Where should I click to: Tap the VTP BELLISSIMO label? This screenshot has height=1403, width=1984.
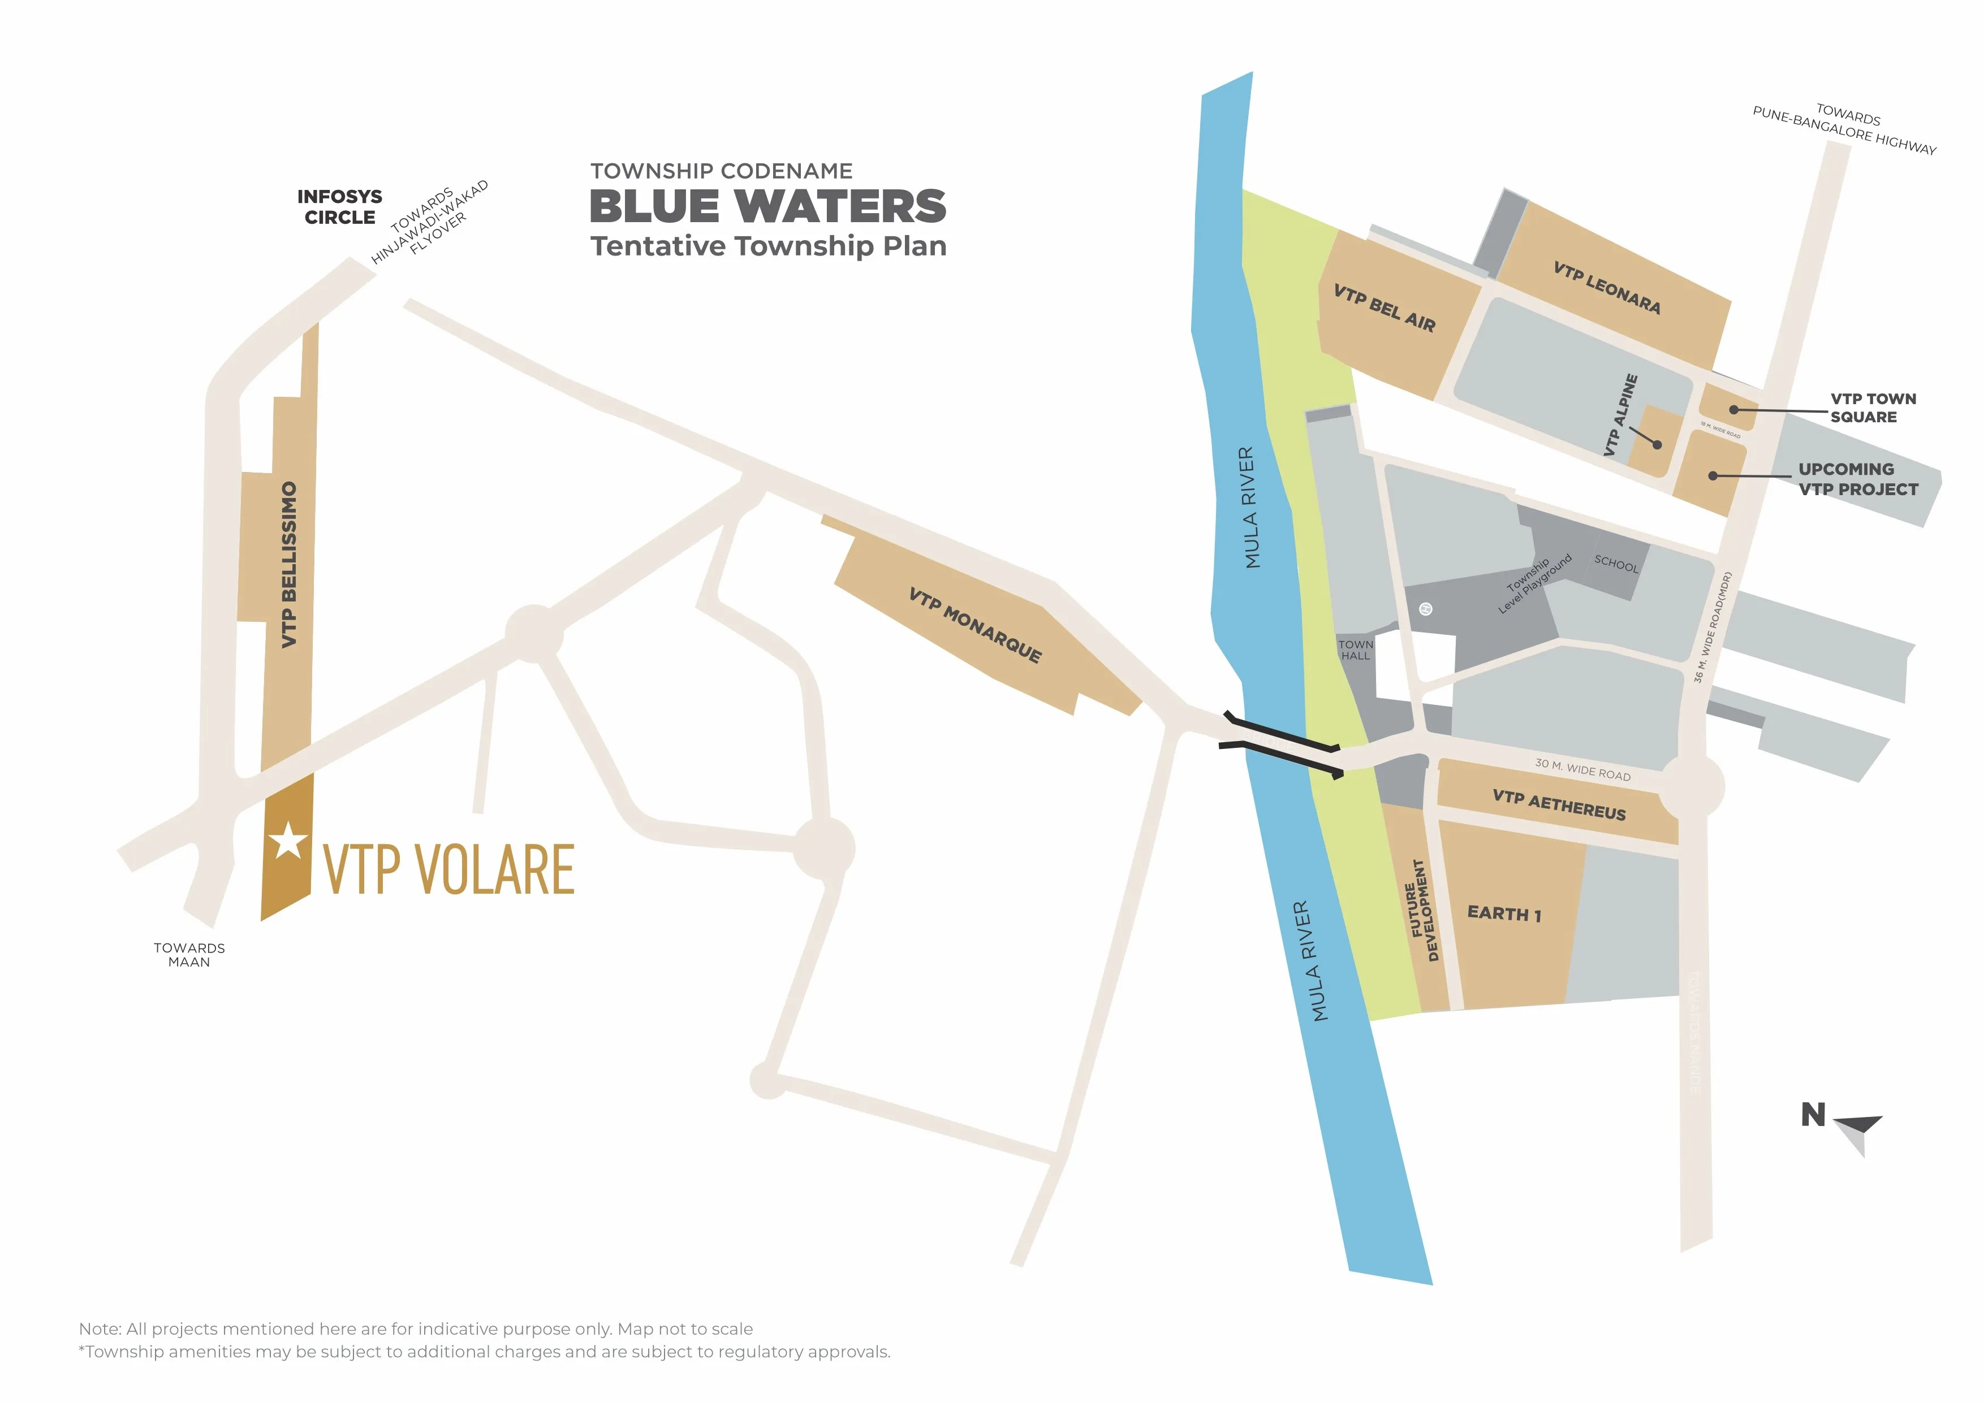(x=290, y=564)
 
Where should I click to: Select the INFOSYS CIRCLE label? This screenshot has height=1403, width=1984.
(x=339, y=207)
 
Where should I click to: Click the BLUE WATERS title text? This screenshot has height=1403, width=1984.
(x=767, y=206)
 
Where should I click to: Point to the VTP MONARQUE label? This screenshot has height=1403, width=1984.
(x=974, y=623)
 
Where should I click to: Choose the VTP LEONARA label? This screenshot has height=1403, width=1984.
(x=1606, y=287)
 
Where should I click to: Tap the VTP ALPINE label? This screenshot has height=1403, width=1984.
(x=1620, y=415)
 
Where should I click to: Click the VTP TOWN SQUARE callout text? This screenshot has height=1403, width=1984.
(x=1873, y=408)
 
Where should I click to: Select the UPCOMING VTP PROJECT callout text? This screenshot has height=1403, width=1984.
(x=1857, y=479)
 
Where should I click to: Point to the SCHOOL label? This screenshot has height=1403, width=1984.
(x=1616, y=564)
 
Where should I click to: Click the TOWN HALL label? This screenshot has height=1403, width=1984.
(x=1355, y=649)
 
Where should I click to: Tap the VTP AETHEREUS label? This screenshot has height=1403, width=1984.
(x=1559, y=804)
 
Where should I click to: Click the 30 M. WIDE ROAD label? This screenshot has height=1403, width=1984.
(x=1582, y=769)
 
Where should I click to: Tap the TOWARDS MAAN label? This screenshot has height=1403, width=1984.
(x=189, y=955)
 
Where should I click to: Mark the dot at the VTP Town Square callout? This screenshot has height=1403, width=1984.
(x=1733, y=409)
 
